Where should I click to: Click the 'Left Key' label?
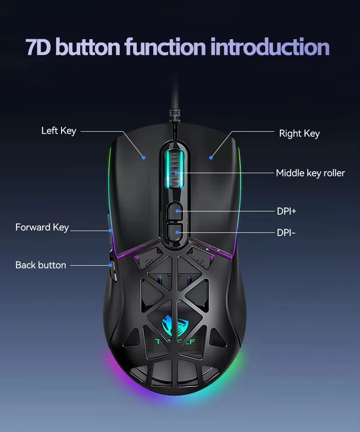click(x=58, y=131)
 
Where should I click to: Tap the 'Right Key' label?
click(x=299, y=134)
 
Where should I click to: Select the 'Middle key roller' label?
click(x=310, y=173)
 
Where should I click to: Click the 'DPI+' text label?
click(x=287, y=211)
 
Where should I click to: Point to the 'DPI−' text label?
click(x=286, y=233)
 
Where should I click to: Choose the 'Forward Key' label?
click(x=42, y=227)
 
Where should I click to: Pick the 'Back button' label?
click(x=41, y=265)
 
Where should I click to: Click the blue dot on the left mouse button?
click(x=144, y=158)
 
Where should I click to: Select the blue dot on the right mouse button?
click(x=211, y=158)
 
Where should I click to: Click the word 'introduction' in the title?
click(x=270, y=47)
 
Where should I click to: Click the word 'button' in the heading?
click(x=89, y=47)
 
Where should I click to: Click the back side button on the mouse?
click(x=111, y=267)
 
